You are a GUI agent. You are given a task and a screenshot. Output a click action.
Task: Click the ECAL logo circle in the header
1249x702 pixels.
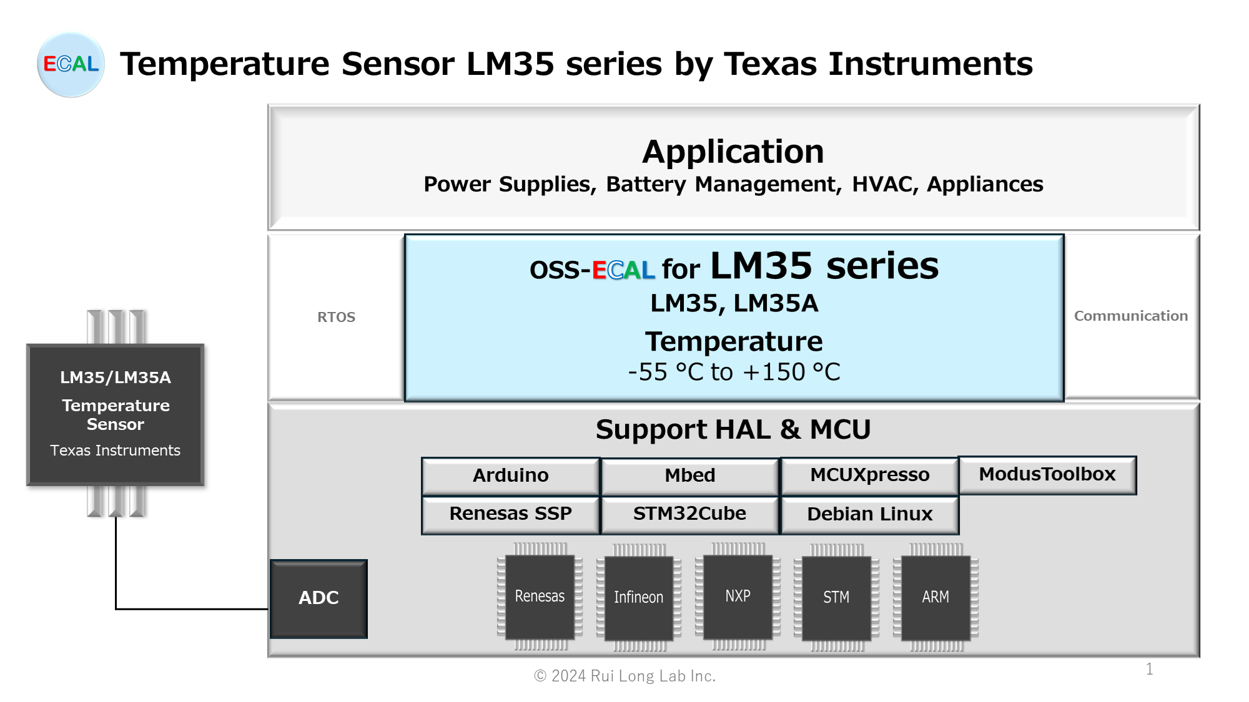pos(71,64)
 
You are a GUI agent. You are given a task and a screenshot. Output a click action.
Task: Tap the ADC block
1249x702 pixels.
pos(318,598)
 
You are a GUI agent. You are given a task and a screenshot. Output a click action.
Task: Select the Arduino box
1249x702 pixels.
pos(510,476)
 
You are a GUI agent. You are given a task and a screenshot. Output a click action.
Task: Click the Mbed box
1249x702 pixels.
pos(689,476)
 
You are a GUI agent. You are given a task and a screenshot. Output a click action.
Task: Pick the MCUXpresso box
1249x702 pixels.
pos(869,475)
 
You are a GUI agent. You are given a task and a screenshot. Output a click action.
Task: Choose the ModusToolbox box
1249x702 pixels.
pos(1047,475)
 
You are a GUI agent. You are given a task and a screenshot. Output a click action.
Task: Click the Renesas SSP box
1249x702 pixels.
pos(510,514)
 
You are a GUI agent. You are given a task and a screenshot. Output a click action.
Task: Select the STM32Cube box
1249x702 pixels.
pos(689,514)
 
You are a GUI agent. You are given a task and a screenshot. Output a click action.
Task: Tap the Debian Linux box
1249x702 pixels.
pos(869,515)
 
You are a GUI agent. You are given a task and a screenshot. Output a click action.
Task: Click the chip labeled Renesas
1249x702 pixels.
pos(540,597)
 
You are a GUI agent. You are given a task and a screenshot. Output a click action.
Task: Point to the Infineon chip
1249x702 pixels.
pos(638,598)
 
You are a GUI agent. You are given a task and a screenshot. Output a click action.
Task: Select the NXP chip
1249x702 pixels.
pos(738,597)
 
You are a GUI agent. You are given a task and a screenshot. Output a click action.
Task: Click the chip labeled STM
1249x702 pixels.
pos(836,598)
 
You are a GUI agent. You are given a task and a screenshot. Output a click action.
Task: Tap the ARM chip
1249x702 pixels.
pos(935,598)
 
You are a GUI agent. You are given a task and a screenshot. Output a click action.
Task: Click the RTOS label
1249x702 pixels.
pos(336,317)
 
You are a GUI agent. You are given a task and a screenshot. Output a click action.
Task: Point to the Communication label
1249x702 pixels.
pos(1130,316)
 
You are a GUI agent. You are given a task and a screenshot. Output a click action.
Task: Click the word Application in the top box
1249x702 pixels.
pos(733,152)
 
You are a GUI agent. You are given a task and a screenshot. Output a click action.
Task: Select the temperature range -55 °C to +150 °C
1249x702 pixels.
pos(734,373)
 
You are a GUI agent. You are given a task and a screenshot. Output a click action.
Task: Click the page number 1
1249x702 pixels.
pos(1149,669)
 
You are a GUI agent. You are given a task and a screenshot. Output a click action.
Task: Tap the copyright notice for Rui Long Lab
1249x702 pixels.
pos(624,676)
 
